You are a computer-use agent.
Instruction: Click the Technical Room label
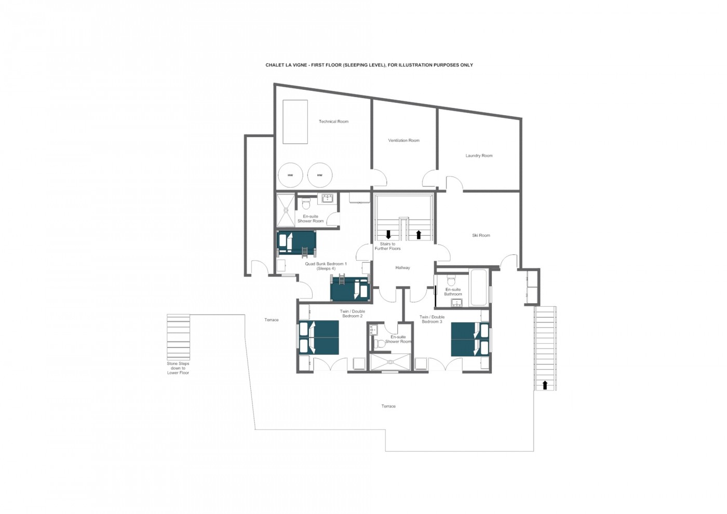333,121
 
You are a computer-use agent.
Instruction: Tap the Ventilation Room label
404,141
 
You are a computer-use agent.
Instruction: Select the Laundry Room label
479,156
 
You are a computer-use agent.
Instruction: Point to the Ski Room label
481,235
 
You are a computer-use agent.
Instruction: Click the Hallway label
402,268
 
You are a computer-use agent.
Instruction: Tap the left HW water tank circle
290,175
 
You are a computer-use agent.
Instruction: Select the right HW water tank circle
320,175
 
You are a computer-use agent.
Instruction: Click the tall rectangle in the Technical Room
295,121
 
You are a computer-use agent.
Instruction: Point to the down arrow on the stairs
388,235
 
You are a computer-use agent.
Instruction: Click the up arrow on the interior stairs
419,235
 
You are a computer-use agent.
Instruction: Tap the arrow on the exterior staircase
545,385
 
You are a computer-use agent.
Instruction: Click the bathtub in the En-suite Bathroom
479,288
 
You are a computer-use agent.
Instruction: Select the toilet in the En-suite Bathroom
451,279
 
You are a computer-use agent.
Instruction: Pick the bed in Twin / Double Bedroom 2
319,337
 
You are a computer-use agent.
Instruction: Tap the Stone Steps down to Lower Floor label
178,368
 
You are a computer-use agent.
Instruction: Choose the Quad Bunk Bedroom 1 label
326,266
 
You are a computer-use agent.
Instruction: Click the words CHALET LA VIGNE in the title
286,65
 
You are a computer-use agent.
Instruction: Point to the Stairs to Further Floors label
387,246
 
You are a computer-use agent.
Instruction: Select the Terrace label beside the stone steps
271,320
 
